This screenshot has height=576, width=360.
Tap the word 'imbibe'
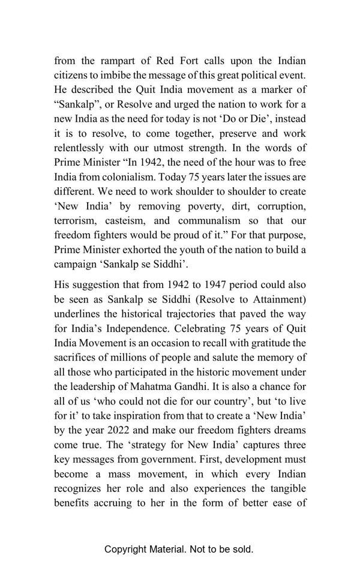click(141, 75)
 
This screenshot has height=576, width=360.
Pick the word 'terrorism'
click(76, 220)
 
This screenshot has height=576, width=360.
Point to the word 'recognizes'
click(80, 474)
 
